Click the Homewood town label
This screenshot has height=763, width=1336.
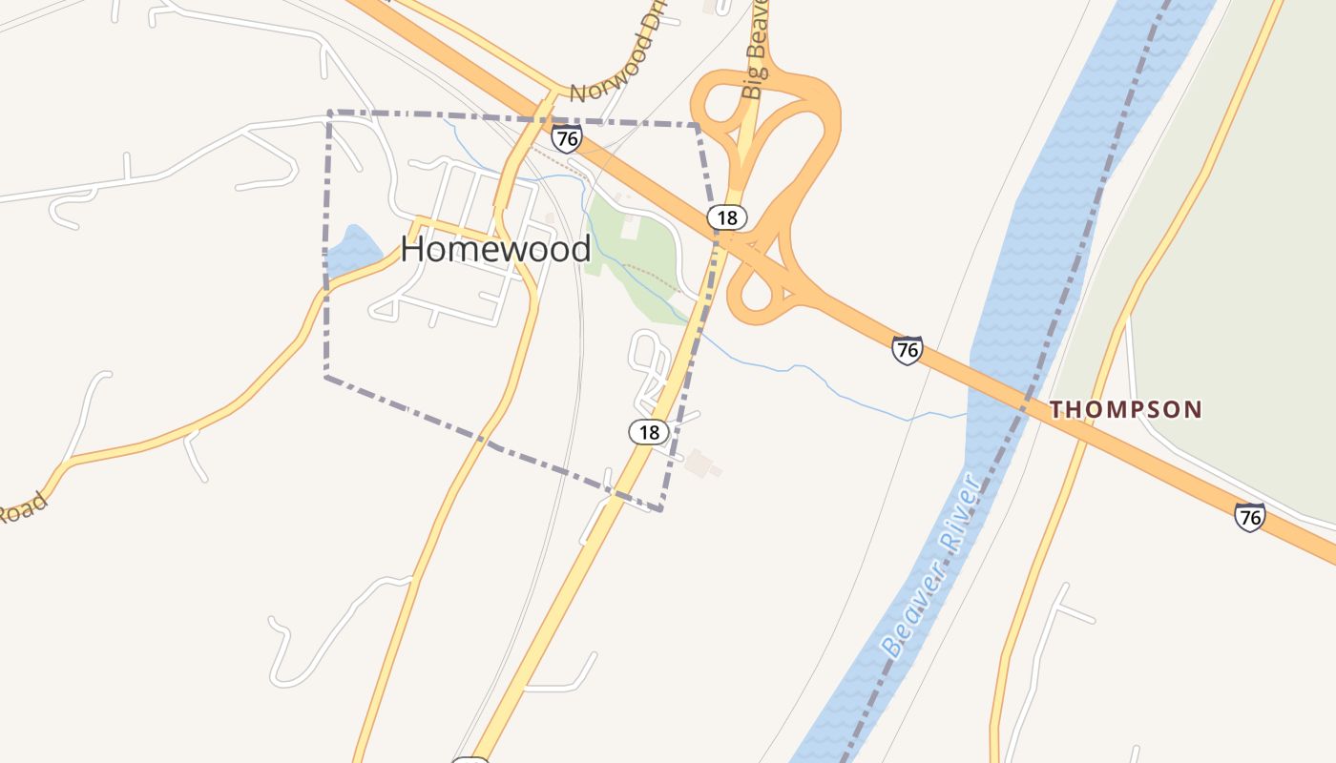point(495,249)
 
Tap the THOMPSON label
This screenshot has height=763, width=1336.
point(1125,410)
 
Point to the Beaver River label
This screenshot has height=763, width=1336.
point(930,567)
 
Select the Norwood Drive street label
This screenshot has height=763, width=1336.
point(617,65)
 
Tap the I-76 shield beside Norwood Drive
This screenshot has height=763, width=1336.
point(567,138)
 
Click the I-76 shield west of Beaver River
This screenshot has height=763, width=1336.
point(907,350)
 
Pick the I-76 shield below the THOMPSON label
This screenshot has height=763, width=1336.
point(1249,517)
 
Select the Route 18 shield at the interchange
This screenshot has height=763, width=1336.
point(727,217)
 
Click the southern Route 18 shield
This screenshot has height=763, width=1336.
point(649,432)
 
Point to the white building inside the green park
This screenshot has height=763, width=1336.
point(629,227)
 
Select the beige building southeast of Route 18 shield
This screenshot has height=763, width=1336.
point(702,464)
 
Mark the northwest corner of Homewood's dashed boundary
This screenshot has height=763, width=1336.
point(329,113)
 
